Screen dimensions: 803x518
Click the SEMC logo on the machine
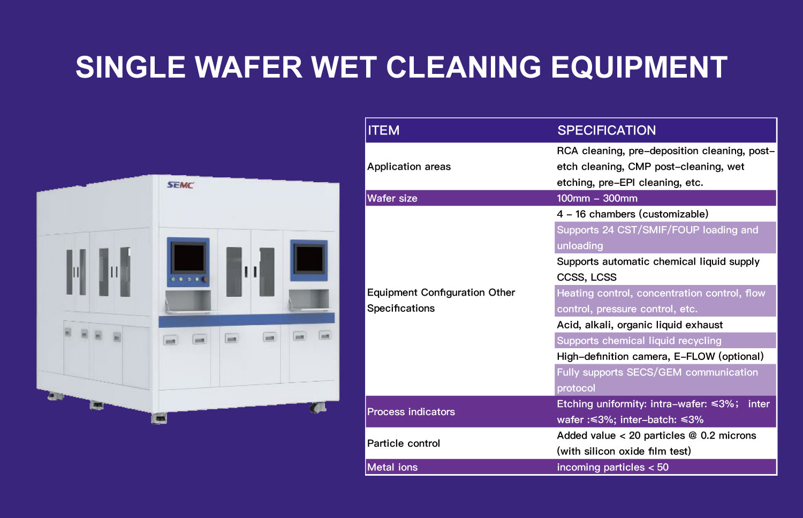coord(180,185)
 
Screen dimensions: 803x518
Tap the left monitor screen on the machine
coord(188,258)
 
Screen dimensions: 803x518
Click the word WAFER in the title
coord(248,67)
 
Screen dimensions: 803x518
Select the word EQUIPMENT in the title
coord(639,67)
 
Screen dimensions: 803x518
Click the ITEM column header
coord(384,130)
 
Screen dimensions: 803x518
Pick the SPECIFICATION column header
coord(607,130)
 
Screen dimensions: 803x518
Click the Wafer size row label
coord(392,198)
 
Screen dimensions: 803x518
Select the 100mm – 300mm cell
coord(597,198)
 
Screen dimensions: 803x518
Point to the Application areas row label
coord(409,167)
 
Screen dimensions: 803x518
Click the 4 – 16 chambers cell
coord(633,214)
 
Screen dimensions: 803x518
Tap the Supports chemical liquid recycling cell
coord(639,341)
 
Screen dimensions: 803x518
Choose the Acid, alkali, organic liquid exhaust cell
coord(640,325)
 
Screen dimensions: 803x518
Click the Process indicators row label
coord(411,412)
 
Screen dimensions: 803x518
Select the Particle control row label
coord(404,444)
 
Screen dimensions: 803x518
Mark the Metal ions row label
coord(392,467)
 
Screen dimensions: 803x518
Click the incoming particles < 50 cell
coord(612,467)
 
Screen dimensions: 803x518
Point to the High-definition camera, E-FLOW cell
coord(660,357)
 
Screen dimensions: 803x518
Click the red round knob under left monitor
coord(206,279)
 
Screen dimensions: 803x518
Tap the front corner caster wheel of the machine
coord(159,418)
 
